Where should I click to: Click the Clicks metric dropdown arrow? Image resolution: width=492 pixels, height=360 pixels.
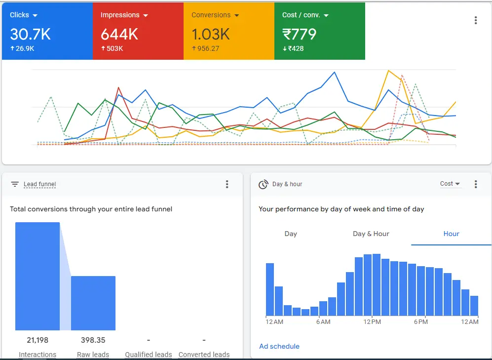(35, 15)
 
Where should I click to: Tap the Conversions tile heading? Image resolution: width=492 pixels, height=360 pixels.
(211, 15)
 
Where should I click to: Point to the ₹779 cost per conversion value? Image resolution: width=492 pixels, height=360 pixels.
(299, 34)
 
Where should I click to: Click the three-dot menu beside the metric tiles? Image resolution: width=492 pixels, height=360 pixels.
(475, 20)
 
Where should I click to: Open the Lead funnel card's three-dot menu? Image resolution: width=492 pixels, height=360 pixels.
(227, 184)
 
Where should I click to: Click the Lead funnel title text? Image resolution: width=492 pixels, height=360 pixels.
(39, 184)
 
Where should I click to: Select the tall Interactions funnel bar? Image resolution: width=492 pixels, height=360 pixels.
(38, 276)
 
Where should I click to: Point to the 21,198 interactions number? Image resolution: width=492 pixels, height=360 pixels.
(38, 340)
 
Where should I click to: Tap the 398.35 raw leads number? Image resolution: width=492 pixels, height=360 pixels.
(93, 340)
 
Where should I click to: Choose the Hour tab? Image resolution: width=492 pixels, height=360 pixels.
(451, 234)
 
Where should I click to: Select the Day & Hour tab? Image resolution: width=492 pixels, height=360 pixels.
(371, 234)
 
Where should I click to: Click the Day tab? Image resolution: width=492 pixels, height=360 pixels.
(291, 234)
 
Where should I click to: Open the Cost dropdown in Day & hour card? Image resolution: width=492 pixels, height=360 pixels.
(450, 184)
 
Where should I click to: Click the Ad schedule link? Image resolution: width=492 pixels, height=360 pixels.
(279, 346)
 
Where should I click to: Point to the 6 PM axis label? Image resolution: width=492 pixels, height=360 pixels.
(420, 322)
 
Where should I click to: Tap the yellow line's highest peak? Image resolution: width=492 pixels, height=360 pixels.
(389, 71)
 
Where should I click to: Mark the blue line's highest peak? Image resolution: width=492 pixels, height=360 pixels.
(335, 72)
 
